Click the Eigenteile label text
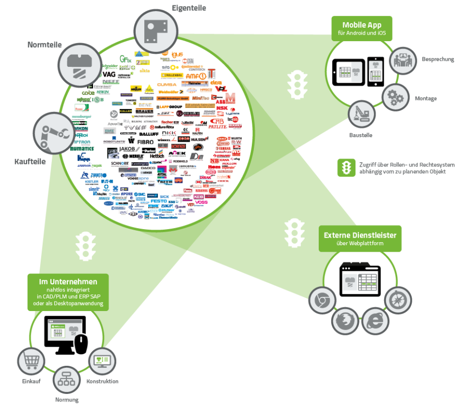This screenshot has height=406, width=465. point(189,8)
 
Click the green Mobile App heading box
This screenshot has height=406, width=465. point(362,28)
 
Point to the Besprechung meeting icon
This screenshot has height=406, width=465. point(403,61)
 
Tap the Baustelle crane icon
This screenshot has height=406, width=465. point(362,115)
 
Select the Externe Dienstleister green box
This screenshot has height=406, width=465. point(360,238)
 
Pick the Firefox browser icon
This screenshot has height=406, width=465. point(345,322)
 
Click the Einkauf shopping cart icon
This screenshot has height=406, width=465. point(31,361)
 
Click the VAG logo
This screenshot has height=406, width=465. point(109,74)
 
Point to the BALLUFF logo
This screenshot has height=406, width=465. point(149,135)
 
